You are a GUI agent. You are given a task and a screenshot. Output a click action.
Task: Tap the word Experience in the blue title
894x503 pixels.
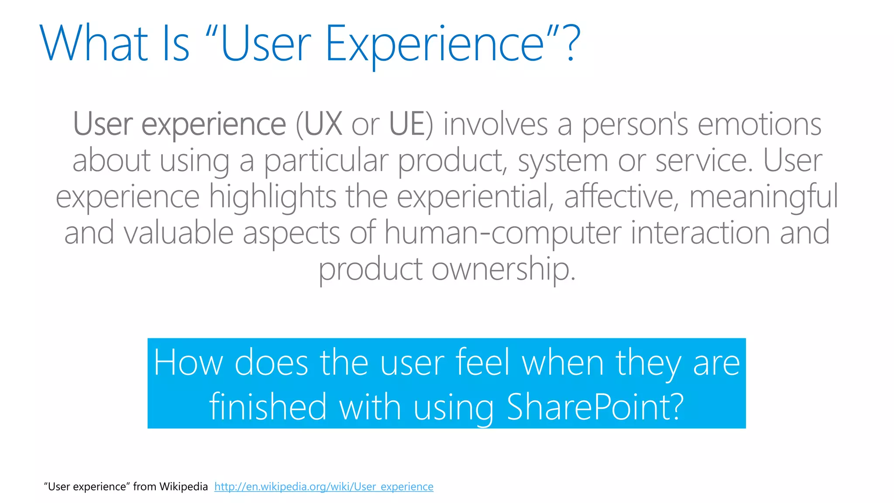tap(434, 44)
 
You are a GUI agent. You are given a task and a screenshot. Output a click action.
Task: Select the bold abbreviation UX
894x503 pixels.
tap(323, 124)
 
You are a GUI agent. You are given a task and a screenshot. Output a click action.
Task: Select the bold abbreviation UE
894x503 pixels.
tap(406, 124)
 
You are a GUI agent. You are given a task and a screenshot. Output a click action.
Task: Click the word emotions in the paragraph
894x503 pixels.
tap(759, 124)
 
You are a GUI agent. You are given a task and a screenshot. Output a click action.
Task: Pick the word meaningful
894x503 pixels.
tap(763, 197)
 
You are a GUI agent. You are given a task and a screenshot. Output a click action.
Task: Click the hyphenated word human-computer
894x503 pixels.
tap(502, 233)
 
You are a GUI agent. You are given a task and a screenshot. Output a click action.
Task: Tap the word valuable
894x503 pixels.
tap(179, 233)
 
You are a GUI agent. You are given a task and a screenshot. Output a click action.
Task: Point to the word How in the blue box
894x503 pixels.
tap(188, 362)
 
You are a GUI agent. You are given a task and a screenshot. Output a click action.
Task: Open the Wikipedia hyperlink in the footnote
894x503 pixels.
tap(323, 486)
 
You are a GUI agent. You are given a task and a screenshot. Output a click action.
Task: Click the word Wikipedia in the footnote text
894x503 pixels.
tap(183, 486)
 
